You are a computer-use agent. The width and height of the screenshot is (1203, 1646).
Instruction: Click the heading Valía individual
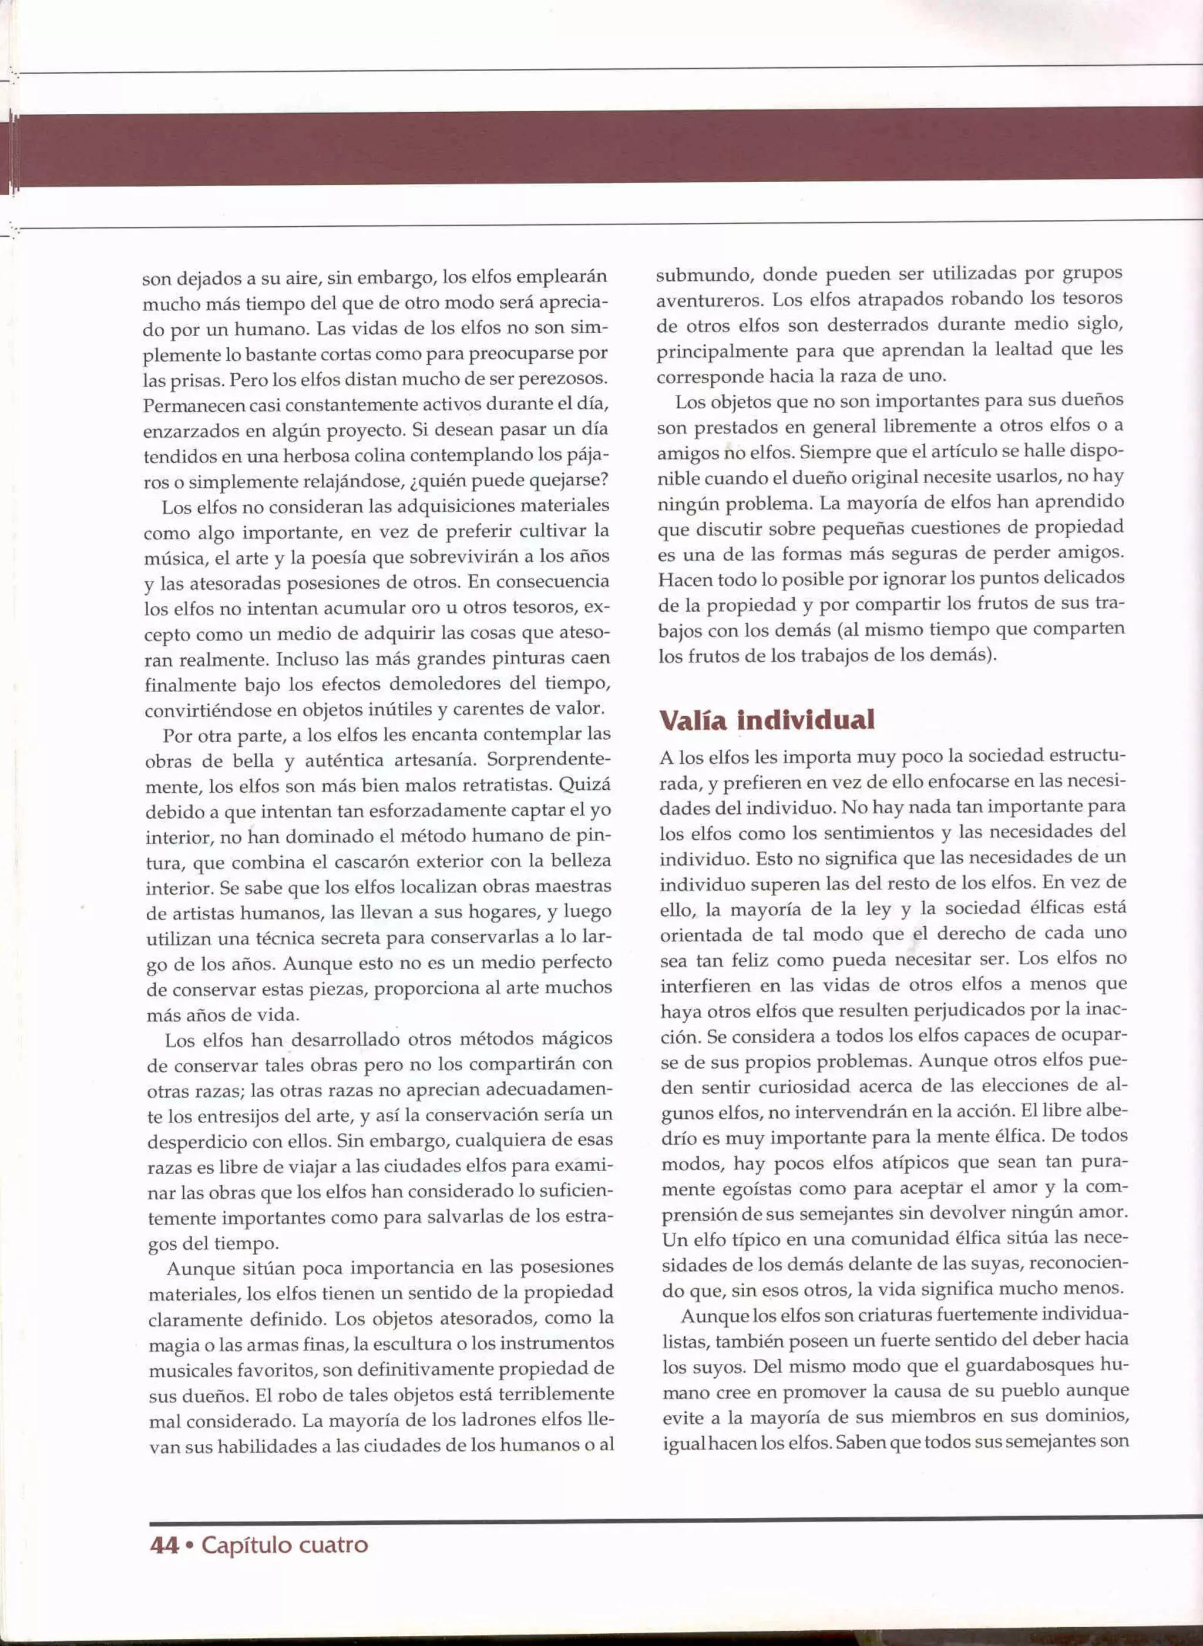(x=766, y=720)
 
